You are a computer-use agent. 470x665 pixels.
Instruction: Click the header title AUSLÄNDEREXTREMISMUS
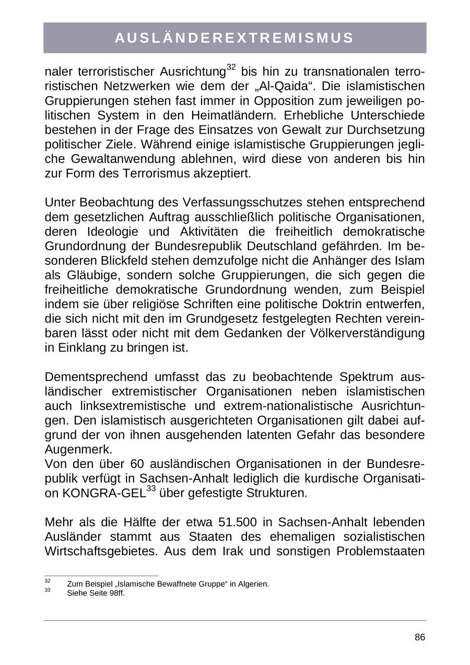click(234, 38)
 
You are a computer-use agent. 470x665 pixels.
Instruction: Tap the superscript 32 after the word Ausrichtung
click(232, 67)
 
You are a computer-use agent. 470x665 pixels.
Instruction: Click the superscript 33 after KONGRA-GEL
click(151, 489)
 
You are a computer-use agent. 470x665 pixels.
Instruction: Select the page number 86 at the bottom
click(420, 637)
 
